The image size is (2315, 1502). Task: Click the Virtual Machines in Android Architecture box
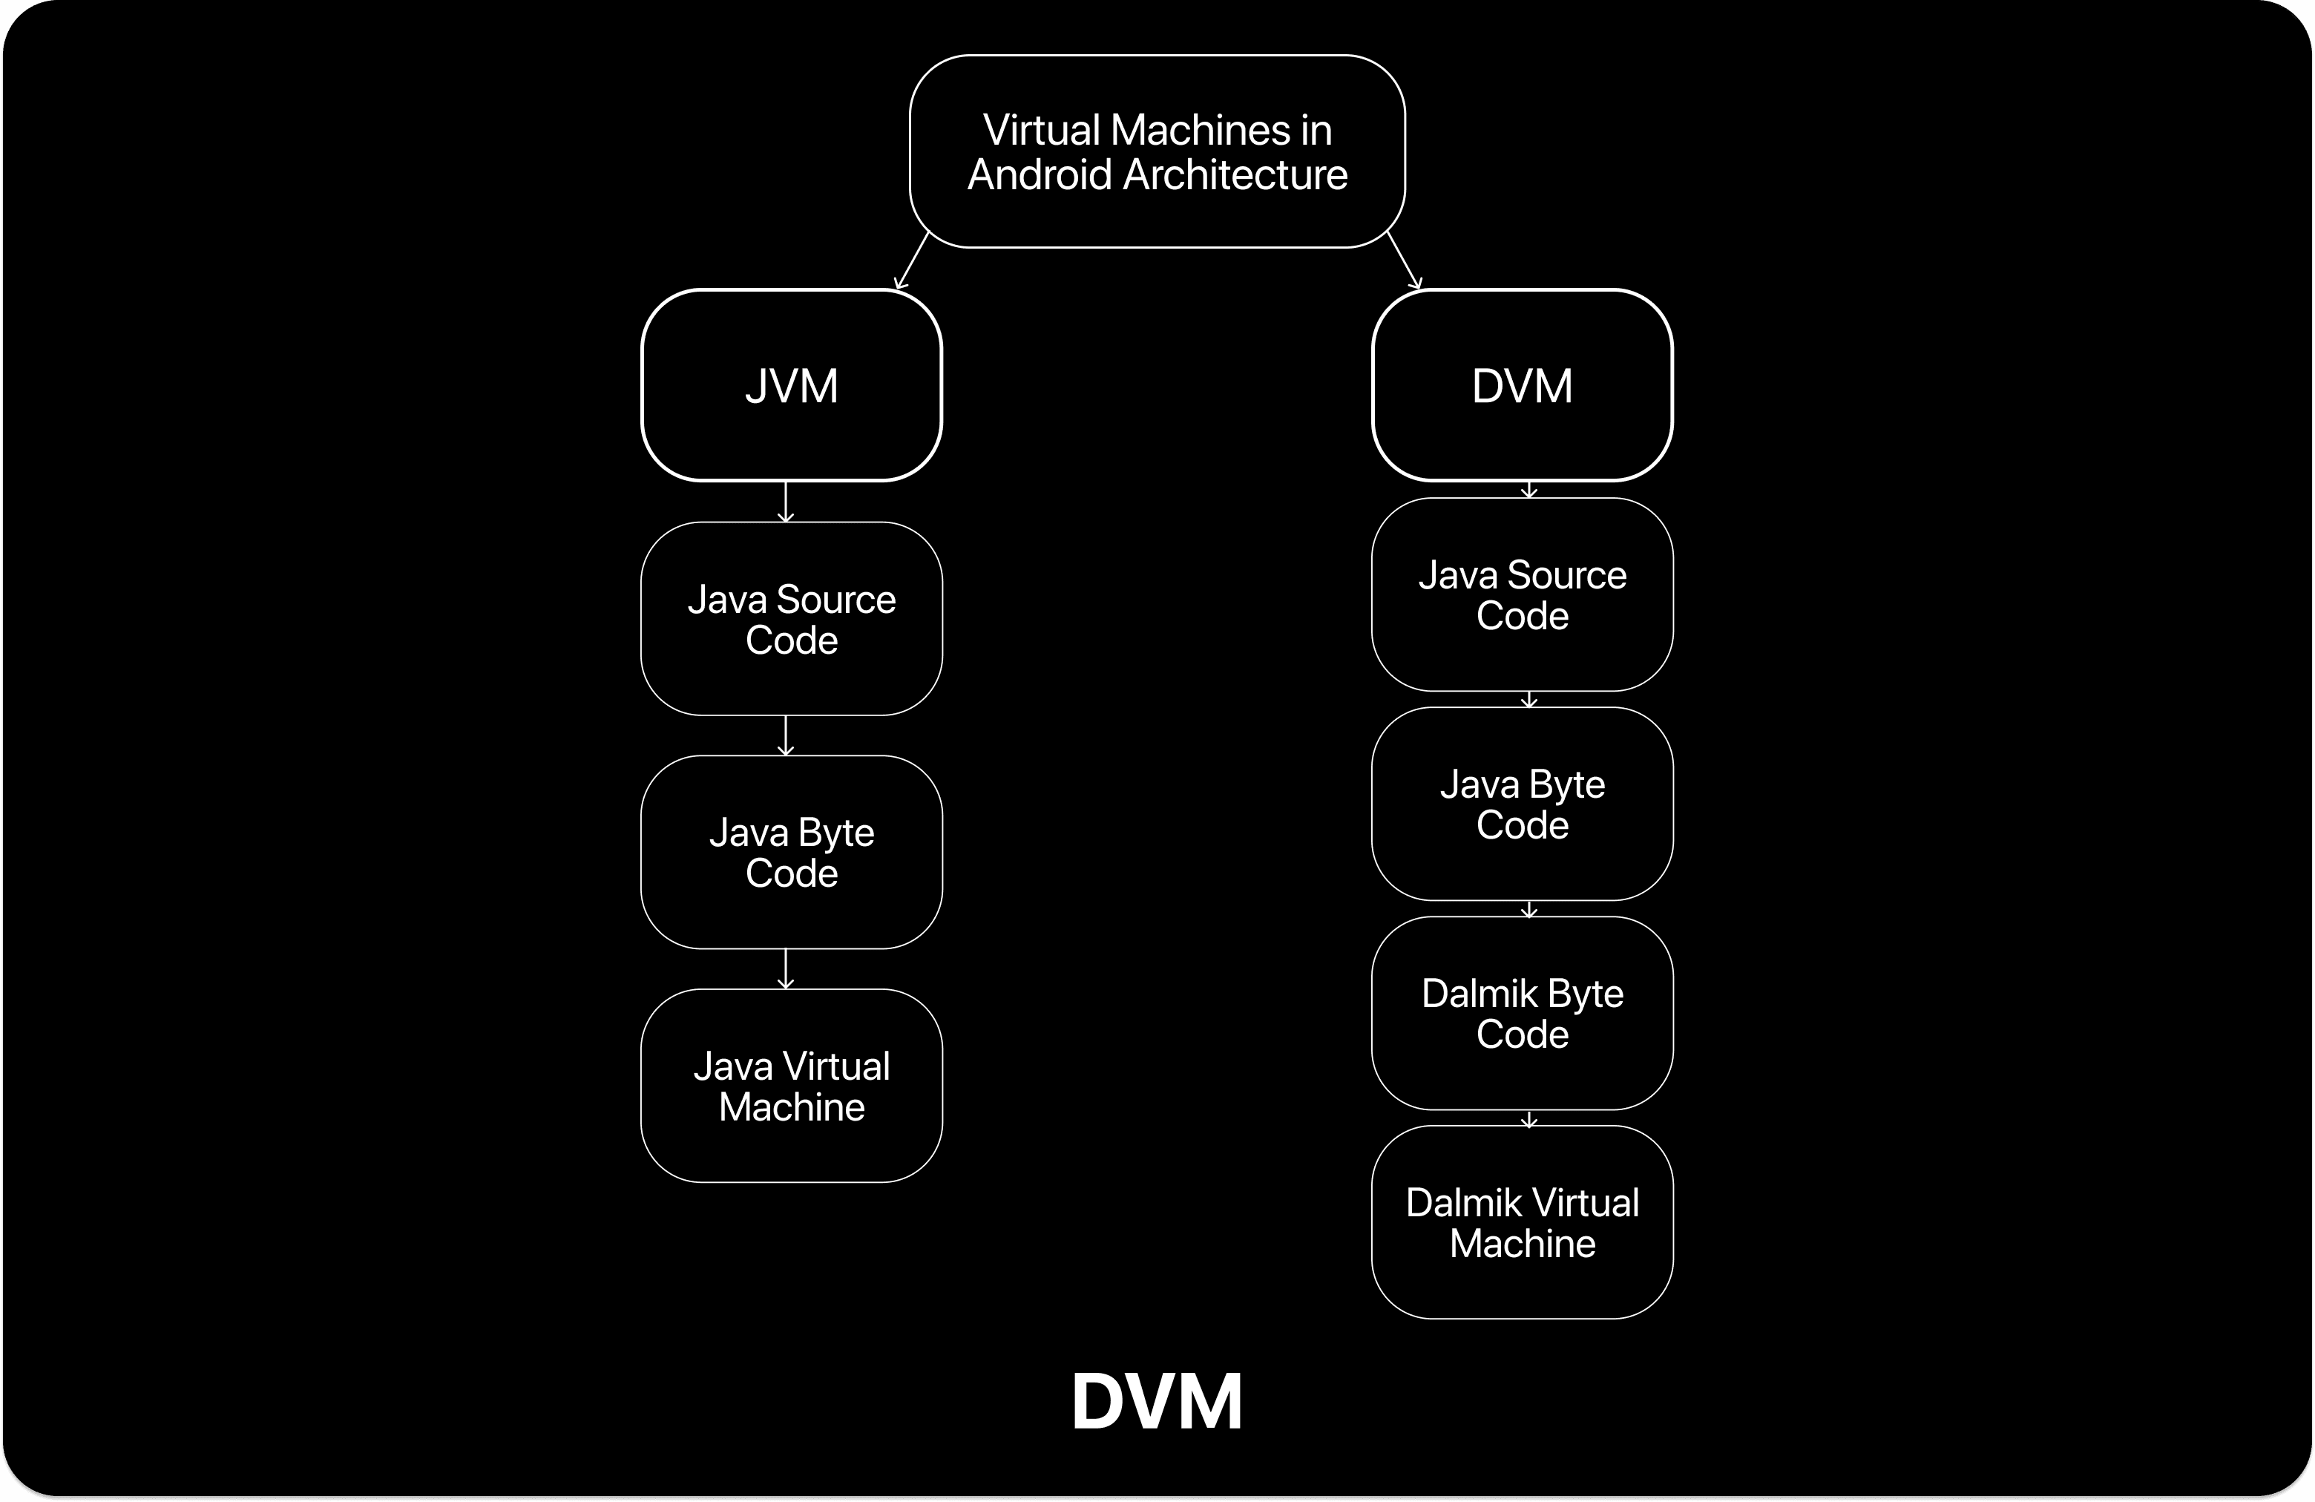pos(1157,151)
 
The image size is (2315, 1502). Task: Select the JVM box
pos(791,385)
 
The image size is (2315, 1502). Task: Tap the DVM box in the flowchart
pos(1521,385)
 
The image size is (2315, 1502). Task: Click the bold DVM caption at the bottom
pos(1157,1402)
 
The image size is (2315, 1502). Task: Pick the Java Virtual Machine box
pos(791,1086)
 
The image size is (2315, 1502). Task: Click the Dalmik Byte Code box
pos(1521,1013)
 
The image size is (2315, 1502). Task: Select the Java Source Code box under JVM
pos(791,619)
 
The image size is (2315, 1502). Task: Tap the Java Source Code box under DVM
pos(1521,594)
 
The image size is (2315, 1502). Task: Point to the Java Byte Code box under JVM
pos(791,852)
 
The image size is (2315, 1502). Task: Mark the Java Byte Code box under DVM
pos(1521,804)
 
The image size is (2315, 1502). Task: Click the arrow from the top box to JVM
pos(911,260)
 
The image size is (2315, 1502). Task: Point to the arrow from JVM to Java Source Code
pos(786,502)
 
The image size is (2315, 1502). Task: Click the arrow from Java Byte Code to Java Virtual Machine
pos(786,969)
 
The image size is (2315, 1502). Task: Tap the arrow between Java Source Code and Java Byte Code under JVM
pos(786,735)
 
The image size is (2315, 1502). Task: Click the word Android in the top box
pos(1039,175)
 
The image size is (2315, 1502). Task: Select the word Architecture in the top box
pos(1235,175)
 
